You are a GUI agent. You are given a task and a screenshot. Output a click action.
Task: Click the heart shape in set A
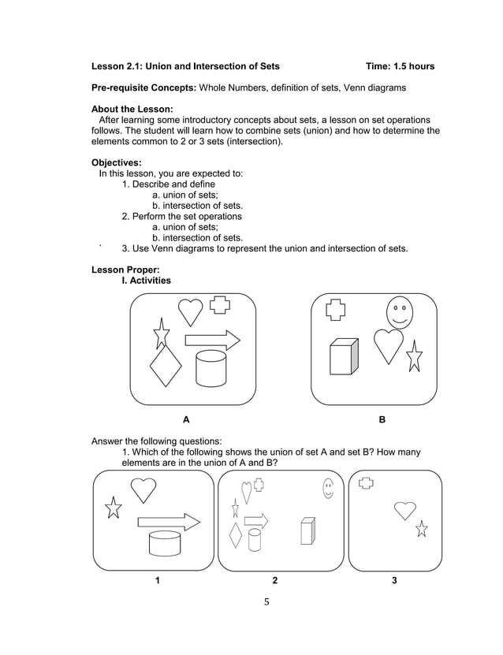(x=190, y=311)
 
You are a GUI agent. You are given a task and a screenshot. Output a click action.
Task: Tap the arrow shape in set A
(x=212, y=341)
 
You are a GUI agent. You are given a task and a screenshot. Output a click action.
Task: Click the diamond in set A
(x=165, y=367)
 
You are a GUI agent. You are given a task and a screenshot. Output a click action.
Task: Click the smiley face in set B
(x=399, y=313)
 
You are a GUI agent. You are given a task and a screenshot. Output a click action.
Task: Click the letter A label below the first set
(x=186, y=420)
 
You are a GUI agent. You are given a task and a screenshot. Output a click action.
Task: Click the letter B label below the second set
(x=382, y=420)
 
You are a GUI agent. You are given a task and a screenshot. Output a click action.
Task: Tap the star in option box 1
(x=114, y=508)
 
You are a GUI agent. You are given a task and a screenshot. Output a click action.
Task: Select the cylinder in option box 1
(x=165, y=543)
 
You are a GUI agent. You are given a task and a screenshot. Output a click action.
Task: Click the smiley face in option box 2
(x=328, y=489)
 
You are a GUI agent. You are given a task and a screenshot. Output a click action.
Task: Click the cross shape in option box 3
(x=365, y=482)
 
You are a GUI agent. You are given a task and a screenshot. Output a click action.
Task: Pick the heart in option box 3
(x=405, y=510)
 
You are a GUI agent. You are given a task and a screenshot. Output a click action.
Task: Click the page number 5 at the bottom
(x=266, y=602)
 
